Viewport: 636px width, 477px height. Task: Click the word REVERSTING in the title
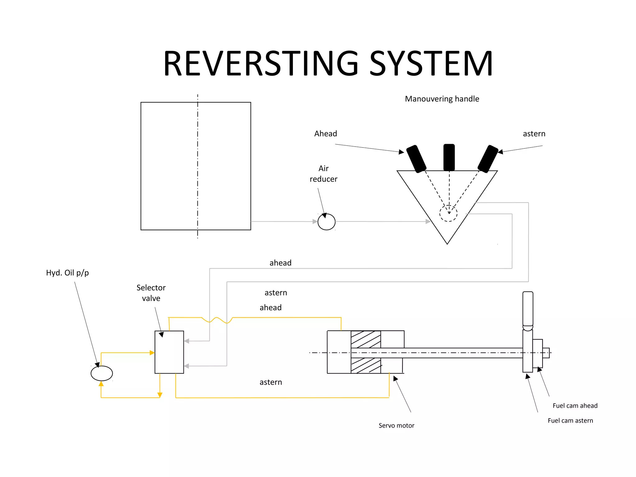point(261,64)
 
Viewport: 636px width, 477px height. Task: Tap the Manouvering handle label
point(442,99)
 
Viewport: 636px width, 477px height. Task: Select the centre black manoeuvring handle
point(449,157)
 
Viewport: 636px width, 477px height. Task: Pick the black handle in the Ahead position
point(416,159)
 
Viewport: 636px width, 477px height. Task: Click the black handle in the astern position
point(488,159)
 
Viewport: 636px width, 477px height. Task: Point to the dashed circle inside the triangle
point(448,213)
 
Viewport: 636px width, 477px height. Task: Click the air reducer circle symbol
point(326,222)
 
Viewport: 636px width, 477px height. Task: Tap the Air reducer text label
point(323,174)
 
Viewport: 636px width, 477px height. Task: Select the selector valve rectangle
point(169,352)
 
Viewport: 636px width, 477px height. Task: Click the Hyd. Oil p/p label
point(67,273)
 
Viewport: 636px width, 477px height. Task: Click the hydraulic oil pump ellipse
point(102,373)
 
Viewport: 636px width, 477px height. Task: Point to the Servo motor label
point(396,425)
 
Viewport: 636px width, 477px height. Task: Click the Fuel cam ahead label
point(575,406)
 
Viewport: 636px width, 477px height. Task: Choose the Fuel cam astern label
point(570,420)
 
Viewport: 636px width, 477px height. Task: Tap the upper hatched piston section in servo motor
point(366,339)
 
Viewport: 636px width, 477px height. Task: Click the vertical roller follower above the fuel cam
point(528,311)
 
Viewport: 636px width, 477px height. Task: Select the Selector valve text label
point(151,293)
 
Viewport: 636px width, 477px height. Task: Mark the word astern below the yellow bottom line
point(271,382)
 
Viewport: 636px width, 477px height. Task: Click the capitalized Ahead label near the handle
point(325,134)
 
